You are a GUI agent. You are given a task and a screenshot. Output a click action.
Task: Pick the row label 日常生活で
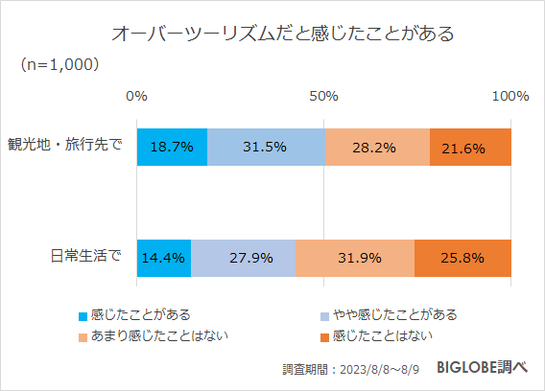click(x=85, y=257)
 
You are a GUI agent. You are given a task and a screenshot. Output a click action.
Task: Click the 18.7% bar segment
click(x=172, y=147)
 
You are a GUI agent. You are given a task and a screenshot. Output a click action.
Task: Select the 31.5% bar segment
click(x=266, y=147)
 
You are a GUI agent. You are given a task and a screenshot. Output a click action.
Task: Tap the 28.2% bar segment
click(x=377, y=147)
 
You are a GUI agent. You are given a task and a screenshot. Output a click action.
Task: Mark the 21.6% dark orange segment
click(x=470, y=147)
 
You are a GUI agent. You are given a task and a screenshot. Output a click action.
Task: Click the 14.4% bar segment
click(x=164, y=258)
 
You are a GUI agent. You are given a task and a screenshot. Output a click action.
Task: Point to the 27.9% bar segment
click(x=243, y=258)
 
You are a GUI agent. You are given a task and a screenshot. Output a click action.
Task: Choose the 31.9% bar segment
click(x=354, y=258)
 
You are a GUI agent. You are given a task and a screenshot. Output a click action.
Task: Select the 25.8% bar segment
click(x=462, y=258)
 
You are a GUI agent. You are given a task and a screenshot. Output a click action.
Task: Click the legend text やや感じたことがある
click(x=393, y=314)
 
